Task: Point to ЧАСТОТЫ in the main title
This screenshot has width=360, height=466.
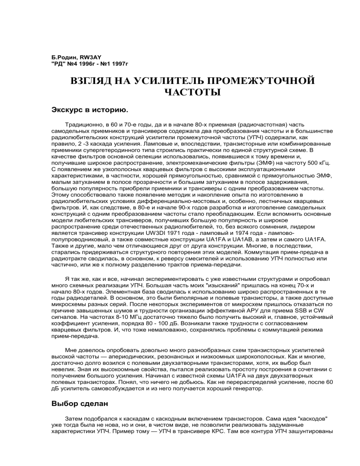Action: (x=192, y=92)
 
